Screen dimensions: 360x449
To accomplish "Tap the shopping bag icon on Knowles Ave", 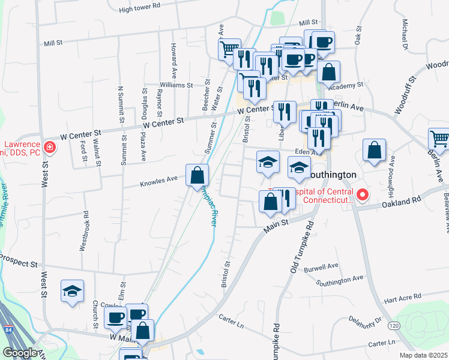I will pos(197,176).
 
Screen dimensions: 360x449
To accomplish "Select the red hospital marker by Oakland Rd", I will pos(362,195).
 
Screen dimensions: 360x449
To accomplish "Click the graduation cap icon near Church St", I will pos(73,291).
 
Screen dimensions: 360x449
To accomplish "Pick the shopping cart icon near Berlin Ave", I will pos(439,139).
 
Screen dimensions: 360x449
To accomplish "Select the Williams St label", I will pos(176,85).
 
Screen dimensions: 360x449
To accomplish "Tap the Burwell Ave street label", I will pos(324,266).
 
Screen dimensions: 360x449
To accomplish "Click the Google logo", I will pos(20,353).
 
